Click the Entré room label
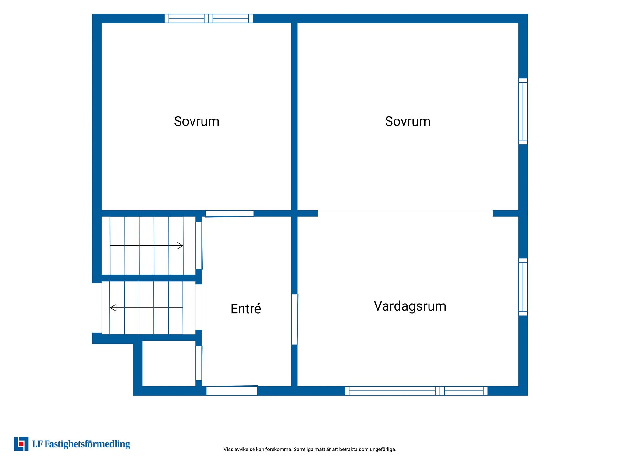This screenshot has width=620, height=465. pos(246,309)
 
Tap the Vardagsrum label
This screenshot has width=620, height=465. pos(410,306)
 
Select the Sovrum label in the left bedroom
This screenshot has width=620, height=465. pos(197,121)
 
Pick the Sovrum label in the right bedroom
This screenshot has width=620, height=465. pos(408,121)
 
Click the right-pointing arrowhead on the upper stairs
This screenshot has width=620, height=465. pos(180,246)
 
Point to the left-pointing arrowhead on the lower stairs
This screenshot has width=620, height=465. pos(113,308)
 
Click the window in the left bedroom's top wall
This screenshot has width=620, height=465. pos(209,18)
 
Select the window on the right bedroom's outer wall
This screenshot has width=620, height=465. pos(523,111)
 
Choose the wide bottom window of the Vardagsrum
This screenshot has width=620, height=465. pos(416,391)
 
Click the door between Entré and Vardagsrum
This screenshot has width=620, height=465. pos(294,319)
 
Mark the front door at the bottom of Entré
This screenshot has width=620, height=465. pos(232,390)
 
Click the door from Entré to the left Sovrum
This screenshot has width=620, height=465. pos(230,213)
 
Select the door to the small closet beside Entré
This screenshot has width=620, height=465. pos(199,363)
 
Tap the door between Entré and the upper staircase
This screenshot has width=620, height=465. pos(199,245)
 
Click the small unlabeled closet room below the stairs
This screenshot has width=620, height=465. pos(169,363)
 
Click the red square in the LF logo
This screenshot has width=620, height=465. pos(21,444)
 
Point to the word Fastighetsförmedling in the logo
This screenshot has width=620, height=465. pos(87,444)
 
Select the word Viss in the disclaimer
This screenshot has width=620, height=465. pos(228,449)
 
